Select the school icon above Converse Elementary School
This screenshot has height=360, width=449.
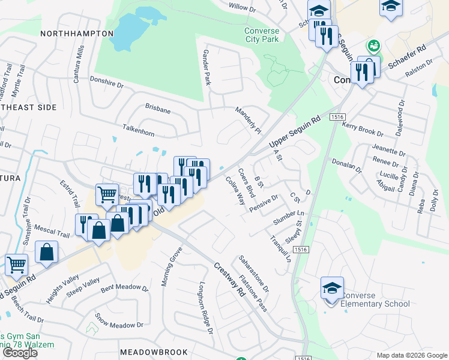[332, 289]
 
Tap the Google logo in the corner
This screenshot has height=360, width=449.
[20, 353]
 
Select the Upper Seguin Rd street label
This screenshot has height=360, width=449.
[295, 134]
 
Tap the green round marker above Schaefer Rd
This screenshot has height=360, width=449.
[375, 46]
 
